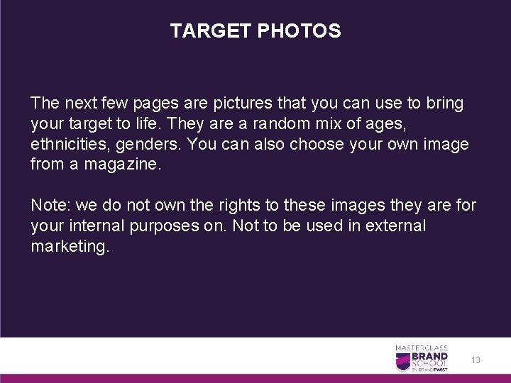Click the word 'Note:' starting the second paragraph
50,206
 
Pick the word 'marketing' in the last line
69,248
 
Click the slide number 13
476,360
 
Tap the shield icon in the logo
402,361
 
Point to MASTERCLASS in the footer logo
422,348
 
